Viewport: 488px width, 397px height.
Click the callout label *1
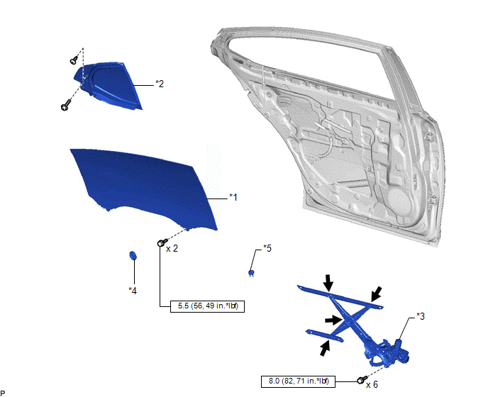pos(233,197)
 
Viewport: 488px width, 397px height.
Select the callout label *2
pos(160,84)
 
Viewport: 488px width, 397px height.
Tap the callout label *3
pos(421,316)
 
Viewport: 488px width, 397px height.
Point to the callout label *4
pos(133,291)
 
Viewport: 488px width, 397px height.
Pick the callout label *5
pos(267,248)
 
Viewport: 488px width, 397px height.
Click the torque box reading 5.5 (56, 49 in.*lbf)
pos(208,306)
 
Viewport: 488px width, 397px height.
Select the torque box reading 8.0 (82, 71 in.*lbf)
pos(298,381)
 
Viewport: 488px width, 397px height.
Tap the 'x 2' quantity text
pos(172,249)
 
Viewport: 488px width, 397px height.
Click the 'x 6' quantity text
pos(372,384)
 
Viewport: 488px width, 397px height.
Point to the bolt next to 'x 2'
pos(162,242)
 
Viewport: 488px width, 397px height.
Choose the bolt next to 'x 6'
pos(362,380)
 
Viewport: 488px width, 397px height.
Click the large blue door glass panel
pos(144,187)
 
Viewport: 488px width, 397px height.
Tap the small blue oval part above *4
pos(133,255)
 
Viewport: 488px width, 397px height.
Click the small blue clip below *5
pos(251,273)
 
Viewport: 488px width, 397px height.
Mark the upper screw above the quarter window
pos(74,60)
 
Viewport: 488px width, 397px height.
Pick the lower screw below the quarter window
pos(65,105)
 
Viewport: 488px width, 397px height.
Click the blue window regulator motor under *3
pos(401,353)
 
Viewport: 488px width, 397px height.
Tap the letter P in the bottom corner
pos(3,393)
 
